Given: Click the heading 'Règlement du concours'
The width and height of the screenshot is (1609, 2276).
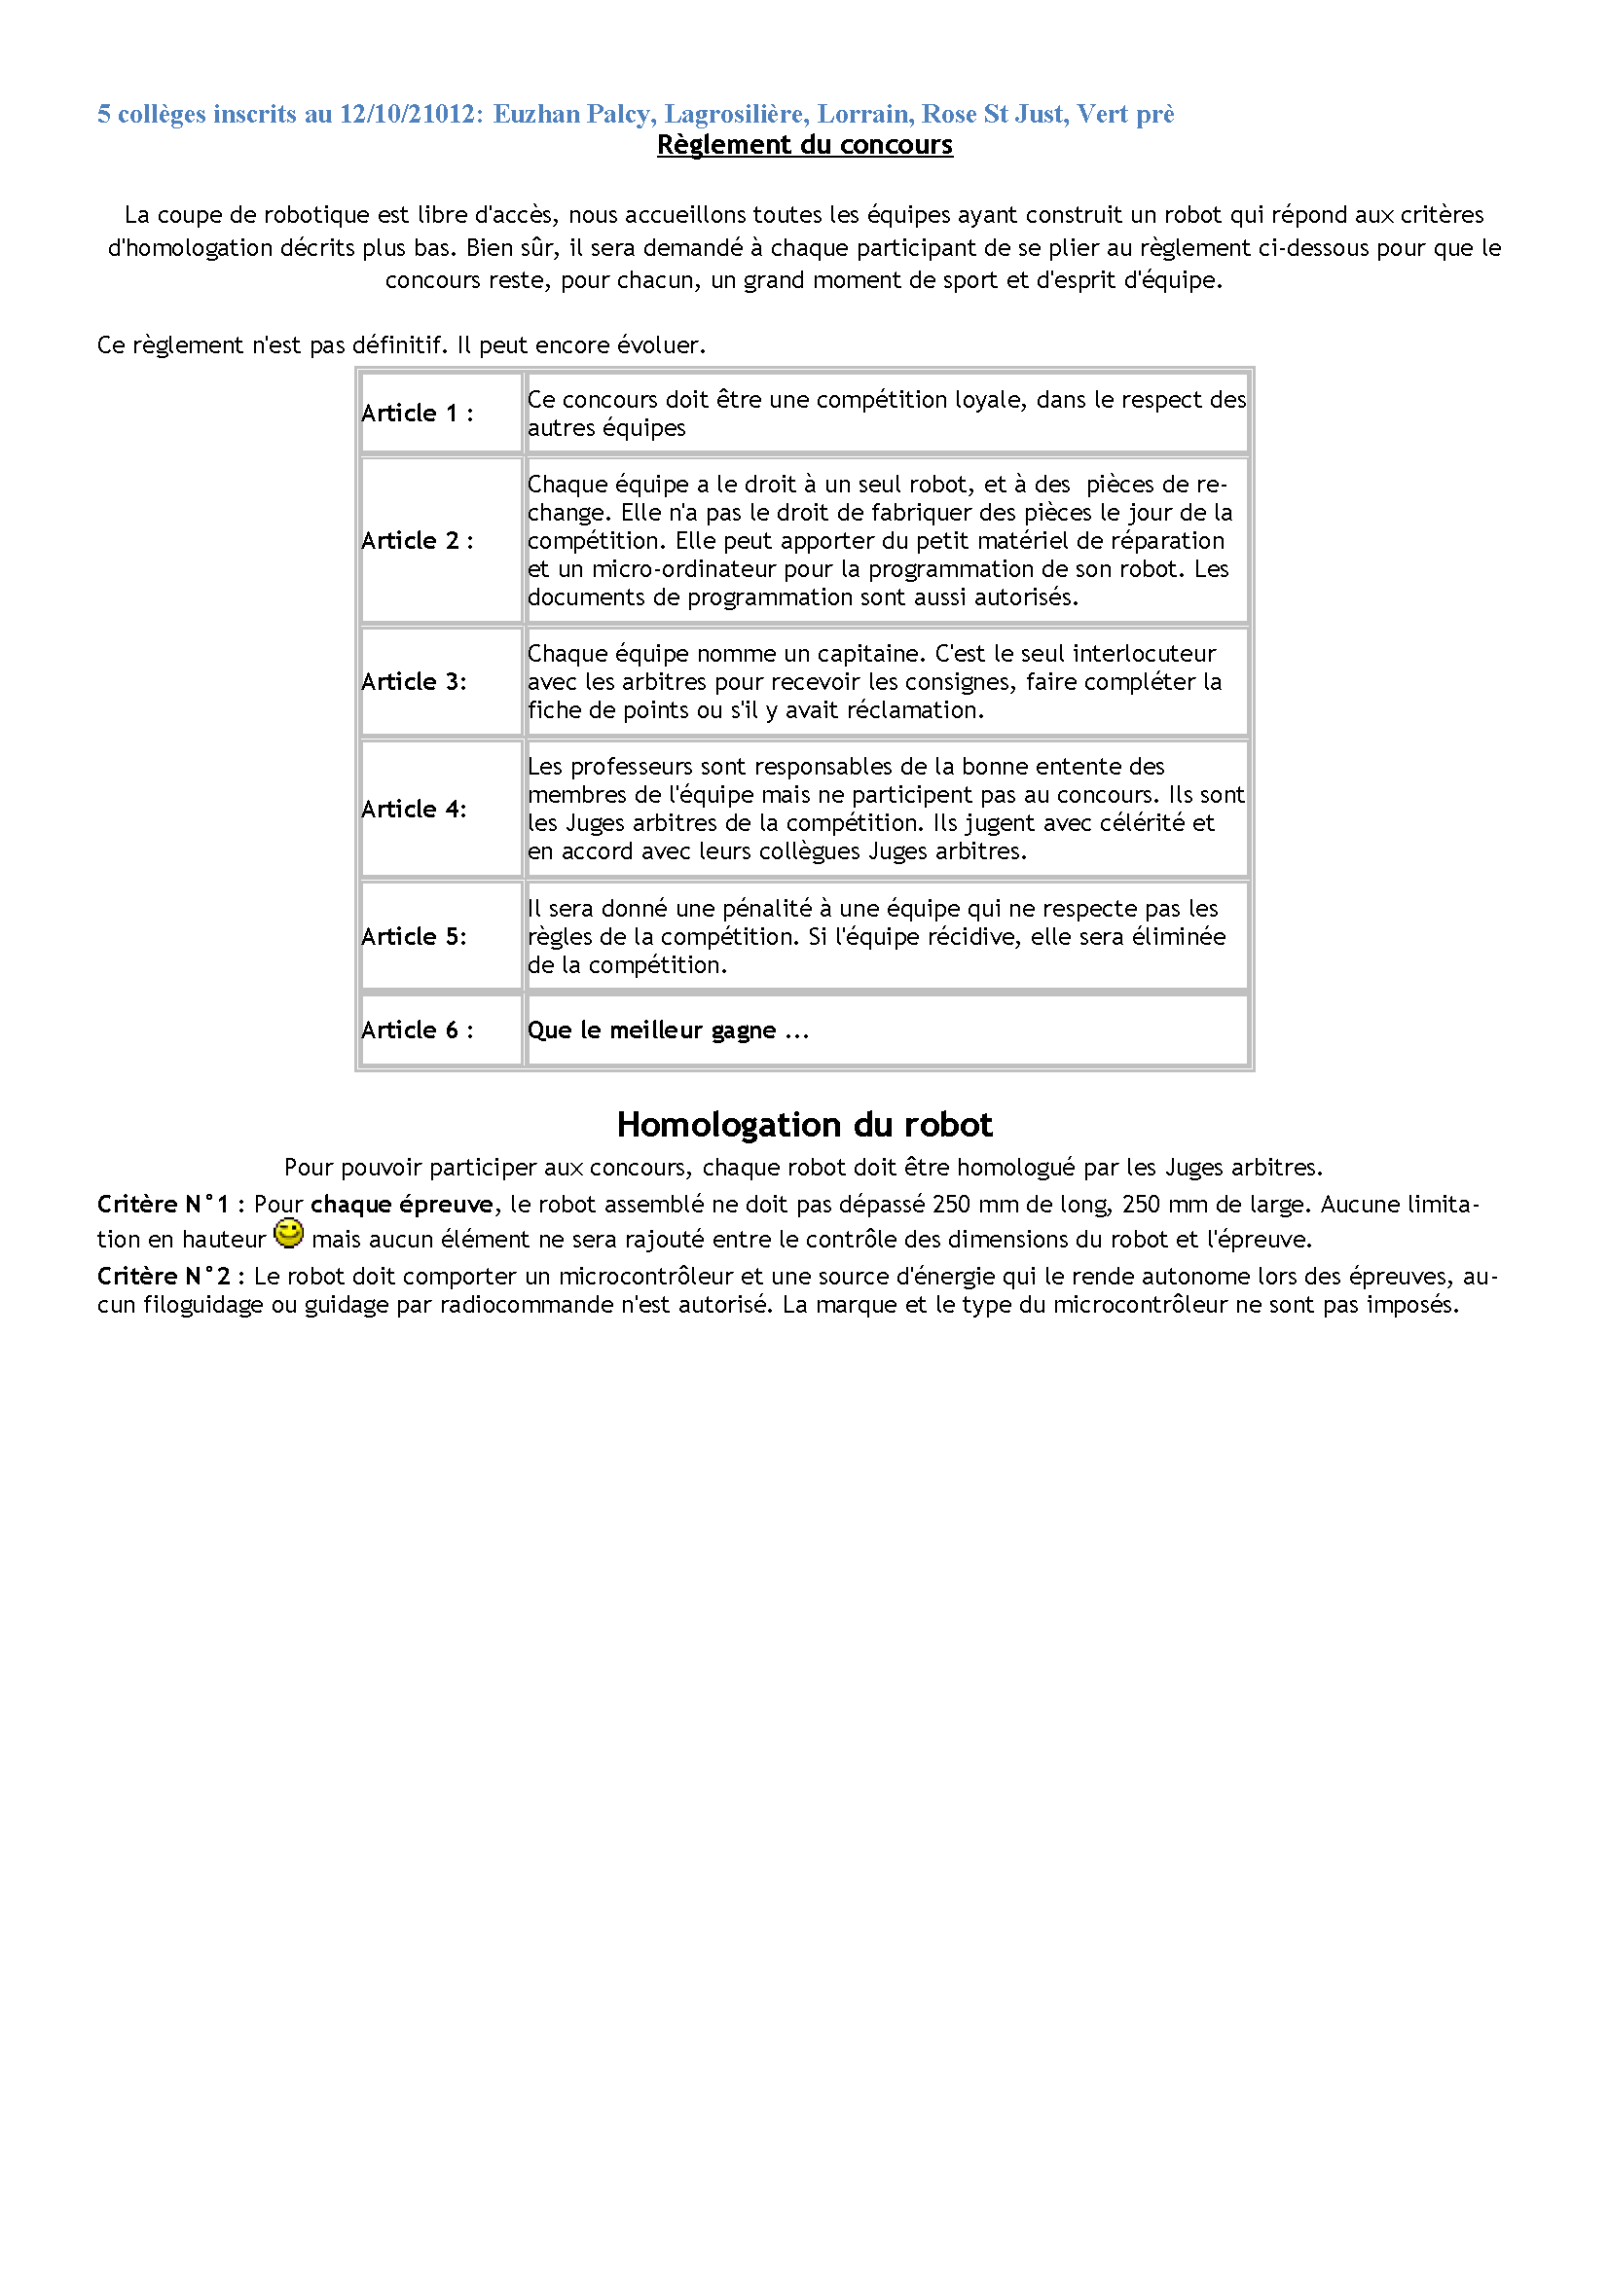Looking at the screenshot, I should point(804,145).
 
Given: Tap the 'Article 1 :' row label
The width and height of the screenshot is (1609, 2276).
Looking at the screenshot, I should point(417,414).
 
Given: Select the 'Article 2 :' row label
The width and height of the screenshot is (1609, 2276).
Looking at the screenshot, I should point(417,541).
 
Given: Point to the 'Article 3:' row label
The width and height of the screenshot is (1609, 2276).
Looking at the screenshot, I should point(414,682).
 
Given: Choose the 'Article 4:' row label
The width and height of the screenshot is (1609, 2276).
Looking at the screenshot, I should point(414,810).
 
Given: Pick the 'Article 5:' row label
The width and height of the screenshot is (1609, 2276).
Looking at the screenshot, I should point(414,937).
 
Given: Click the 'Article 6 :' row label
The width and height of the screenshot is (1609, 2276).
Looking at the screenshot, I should point(417,1030).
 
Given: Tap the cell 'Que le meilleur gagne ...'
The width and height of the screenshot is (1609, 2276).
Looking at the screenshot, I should point(667,1030).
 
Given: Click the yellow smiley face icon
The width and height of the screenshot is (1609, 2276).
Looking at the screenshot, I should point(288,1234).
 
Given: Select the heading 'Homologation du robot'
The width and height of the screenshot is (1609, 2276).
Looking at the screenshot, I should point(804,1125).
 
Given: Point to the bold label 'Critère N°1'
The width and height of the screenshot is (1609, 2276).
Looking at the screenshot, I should point(163,1205).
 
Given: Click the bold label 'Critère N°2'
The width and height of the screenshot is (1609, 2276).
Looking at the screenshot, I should point(163,1277).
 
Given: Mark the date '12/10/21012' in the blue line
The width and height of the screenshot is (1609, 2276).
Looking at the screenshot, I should point(407,114).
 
